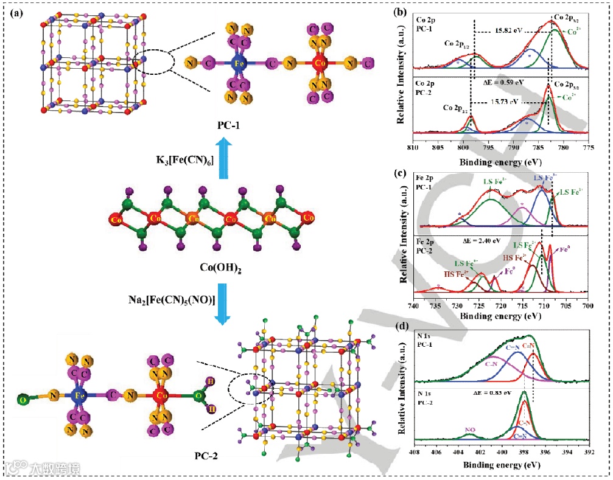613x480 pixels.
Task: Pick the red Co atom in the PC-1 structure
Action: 317,62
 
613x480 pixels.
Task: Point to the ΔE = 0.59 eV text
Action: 503,80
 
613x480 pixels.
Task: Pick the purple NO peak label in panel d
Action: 470,430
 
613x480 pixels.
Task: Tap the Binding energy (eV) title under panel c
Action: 500,316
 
